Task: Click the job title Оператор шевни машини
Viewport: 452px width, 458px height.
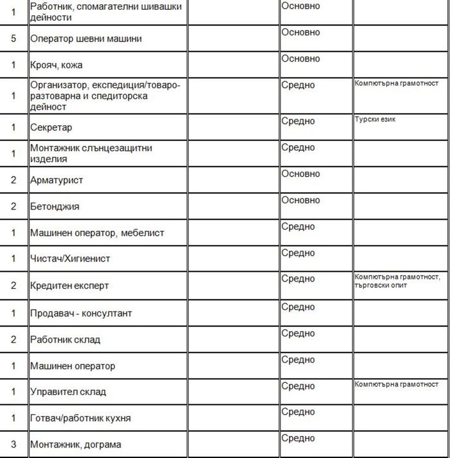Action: pyautogui.click(x=86, y=39)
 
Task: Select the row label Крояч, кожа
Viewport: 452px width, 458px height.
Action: pyautogui.click(x=56, y=65)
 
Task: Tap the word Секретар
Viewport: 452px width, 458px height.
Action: pyautogui.click(x=51, y=128)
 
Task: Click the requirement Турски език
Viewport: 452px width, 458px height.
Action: pyautogui.click(x=375, y=120)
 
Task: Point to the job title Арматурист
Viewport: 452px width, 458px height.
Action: pyautogui.click(x=56, y=180)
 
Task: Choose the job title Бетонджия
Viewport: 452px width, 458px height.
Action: pyautogui.click(x=55, y=206)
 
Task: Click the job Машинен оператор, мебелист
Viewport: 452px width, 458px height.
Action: pyautogui.click(x=97, y=233)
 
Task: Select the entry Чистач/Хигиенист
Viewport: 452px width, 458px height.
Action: pyautogui.click(x=70, y=258)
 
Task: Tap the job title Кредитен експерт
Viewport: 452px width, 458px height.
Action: pyautogui.click(x=70, y=285)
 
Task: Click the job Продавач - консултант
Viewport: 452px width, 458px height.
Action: pyautogui.click(x=81, y=313)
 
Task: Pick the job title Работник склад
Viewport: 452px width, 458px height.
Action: pyautogui.click(x=65, y=340)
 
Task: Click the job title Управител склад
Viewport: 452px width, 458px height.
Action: pyautogui.click(x=68, y=392)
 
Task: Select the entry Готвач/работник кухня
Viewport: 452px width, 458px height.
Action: pyautogui.click(x=80, y=418)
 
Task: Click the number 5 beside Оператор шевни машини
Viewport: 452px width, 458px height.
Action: pyautogui.click(x=13, y=39)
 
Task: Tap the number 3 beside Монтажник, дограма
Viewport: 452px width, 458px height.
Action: pyautogui.click(x=13, y=445)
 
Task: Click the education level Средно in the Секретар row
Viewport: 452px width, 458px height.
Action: pyautogui.click(x=298, y=122)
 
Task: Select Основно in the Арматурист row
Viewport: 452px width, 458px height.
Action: pyautogui.click(x=301, y=174)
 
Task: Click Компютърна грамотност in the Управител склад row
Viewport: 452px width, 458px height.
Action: pyautogui.click(x=396, y=384)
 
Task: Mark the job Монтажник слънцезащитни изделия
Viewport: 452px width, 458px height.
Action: pyautogui.click(x=91, y=153)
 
